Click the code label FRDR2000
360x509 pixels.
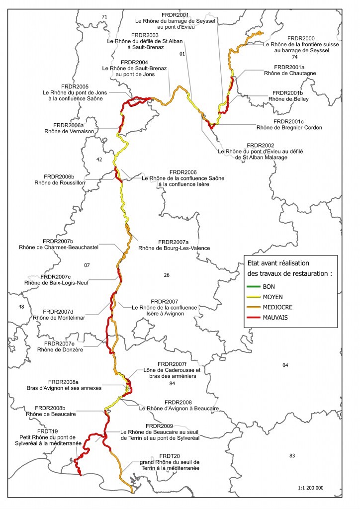tap(301, 38)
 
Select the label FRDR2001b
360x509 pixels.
tap(288, 92)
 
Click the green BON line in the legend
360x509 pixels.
tap(258, 287)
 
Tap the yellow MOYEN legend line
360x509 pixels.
tap(258, 297)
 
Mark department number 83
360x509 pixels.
tap(291, 455)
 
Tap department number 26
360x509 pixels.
tap(166, 274)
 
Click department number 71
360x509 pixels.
tap(104, 17)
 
